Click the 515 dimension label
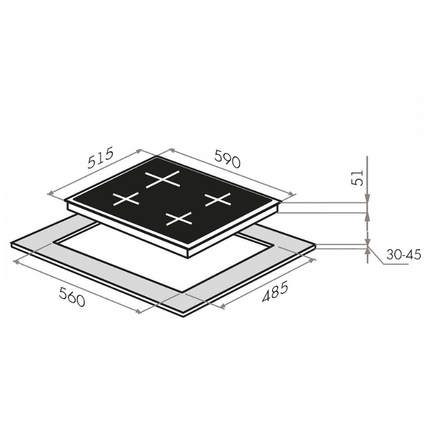(x=100, y=158)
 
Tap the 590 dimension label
(x=227, y=158)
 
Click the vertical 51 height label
(x=358, y=178)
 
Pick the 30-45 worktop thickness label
(x=403, y=255)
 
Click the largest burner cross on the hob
(x=163, y=180)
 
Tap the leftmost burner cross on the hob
(x=126, y=199)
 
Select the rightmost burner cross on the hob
(x=218, y=199)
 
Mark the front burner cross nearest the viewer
(x=179, y=219)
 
